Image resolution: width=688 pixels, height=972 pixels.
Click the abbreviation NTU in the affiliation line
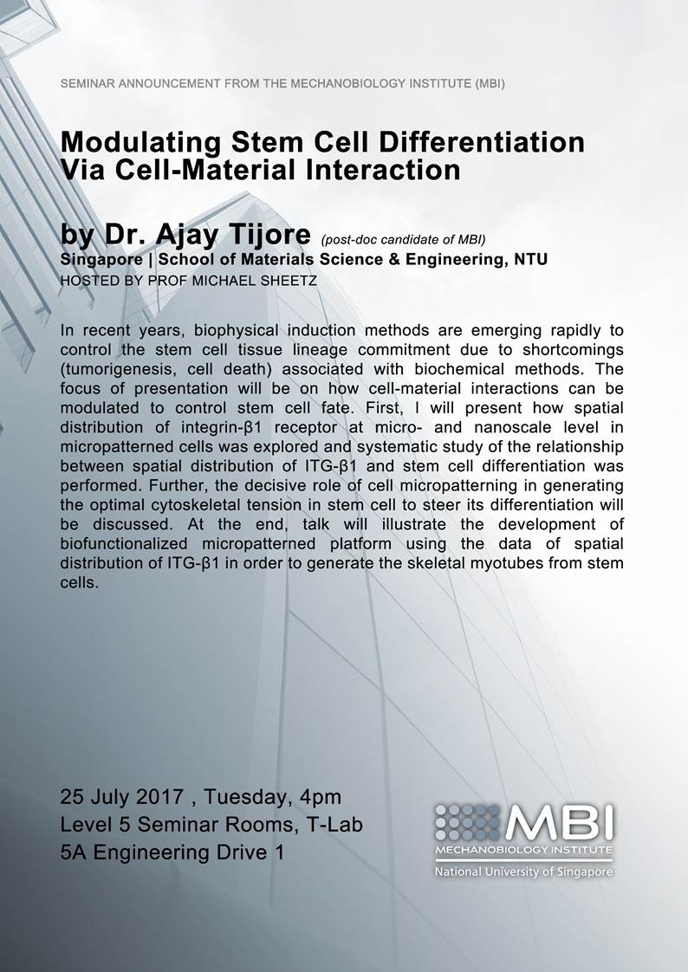529,259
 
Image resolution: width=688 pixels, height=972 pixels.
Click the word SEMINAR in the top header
88,84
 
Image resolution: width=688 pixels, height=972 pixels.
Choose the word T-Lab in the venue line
333,824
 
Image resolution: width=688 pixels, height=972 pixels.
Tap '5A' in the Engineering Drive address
73,852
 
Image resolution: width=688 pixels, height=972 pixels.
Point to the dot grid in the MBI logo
468,819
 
